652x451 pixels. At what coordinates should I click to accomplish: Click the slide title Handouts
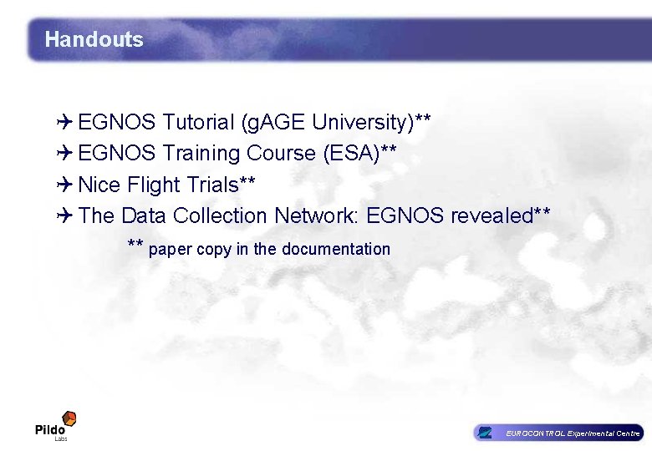coord(94,39)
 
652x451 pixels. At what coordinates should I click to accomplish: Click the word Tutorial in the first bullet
coord(198,123)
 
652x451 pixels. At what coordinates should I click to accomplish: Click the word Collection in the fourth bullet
coord(219,215)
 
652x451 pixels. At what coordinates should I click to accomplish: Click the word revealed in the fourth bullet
coord(492,215)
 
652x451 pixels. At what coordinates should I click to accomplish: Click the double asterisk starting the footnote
coord(135,246)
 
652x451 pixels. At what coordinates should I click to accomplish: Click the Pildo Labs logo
coord(56,425)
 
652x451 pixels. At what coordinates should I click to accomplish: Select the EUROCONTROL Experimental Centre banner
coord(558,433)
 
